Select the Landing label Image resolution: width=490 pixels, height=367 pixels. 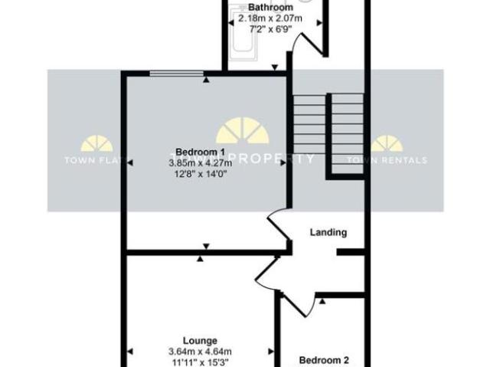pos(328,232)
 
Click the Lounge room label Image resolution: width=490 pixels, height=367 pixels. pos(200,341)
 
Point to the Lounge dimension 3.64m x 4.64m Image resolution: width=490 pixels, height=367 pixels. pos(200,352)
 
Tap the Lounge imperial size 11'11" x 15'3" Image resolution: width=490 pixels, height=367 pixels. pos(200,362)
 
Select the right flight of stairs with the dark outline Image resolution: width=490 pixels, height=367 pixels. pos(346,135)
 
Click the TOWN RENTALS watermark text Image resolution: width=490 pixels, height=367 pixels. pos(387,160)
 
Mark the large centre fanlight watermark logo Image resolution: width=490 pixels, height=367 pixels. pos(242,132)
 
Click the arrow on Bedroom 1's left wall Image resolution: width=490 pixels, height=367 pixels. pos(130,162)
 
